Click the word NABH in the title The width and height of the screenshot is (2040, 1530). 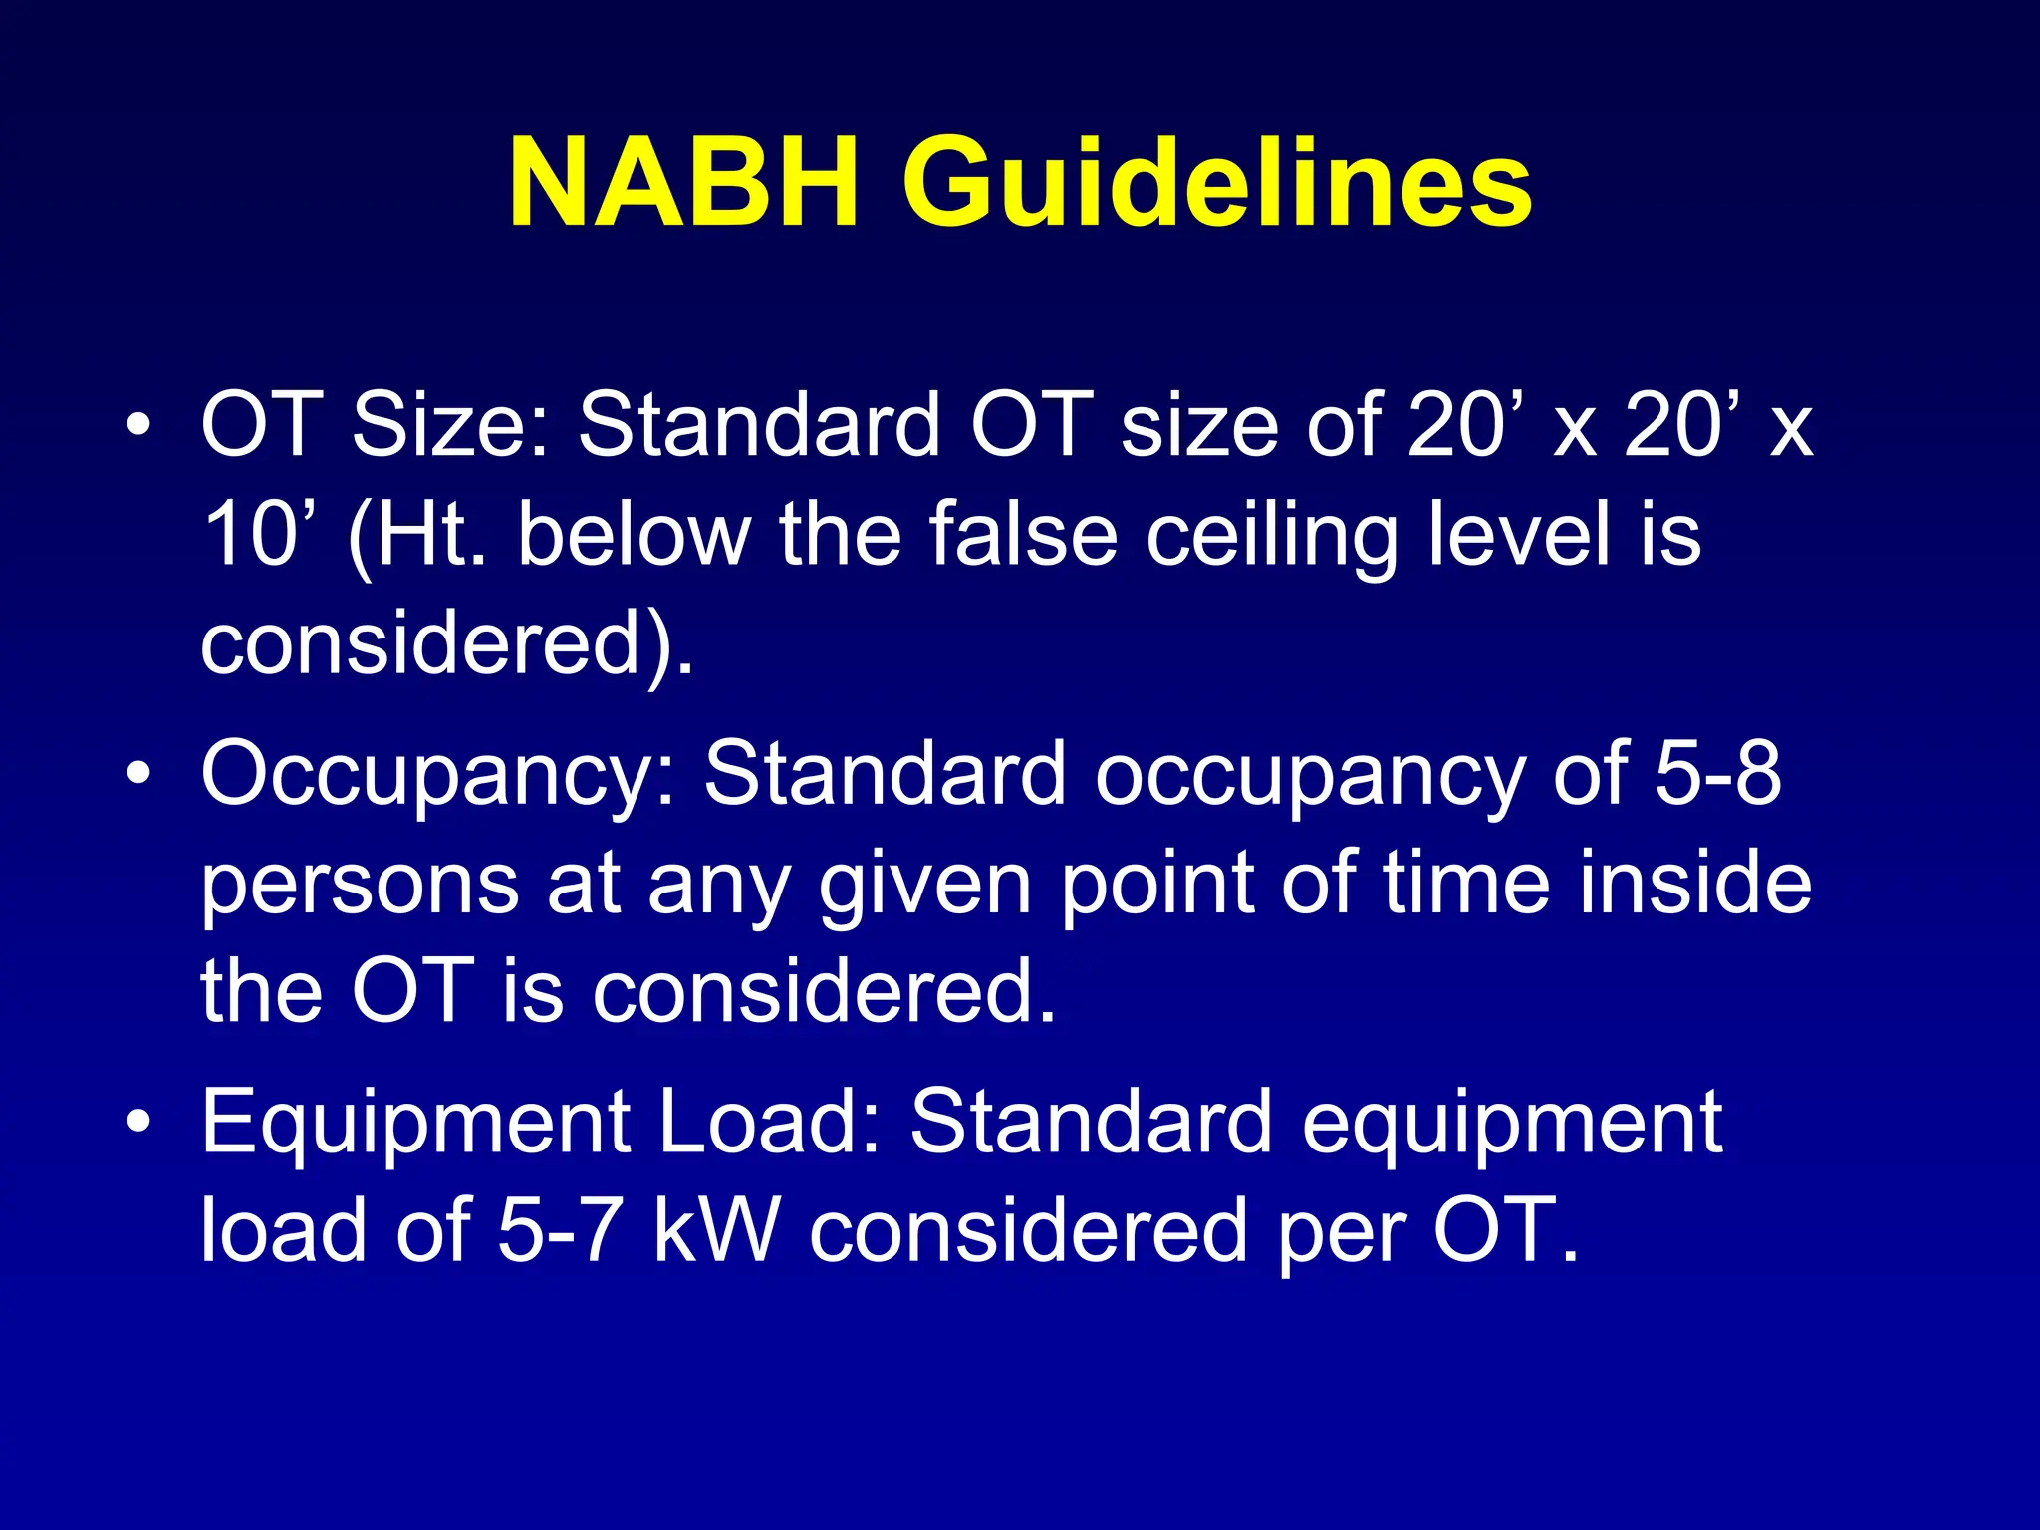point(683,184)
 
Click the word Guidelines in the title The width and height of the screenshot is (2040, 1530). point(1217,184)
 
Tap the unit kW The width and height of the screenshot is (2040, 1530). point(713,1231)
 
